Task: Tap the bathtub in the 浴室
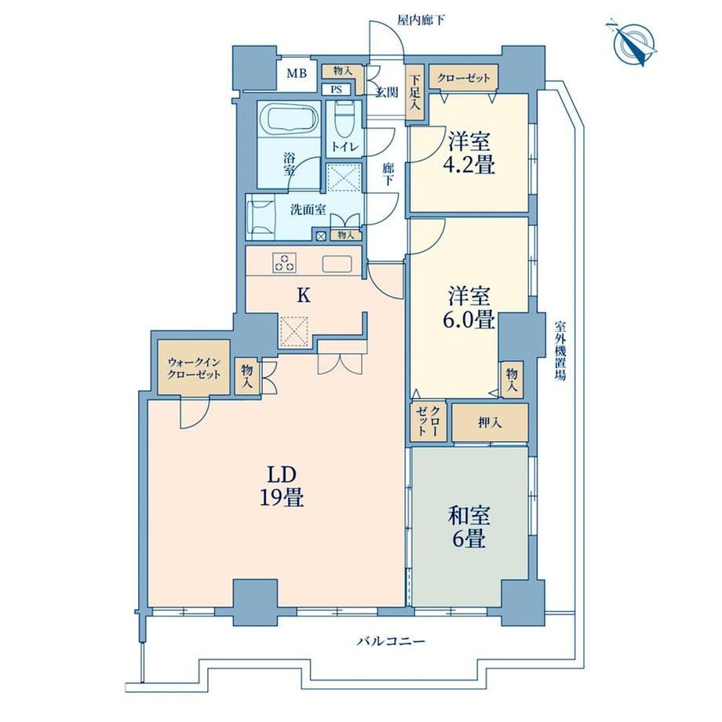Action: [288, 120]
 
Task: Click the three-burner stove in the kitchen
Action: [284, 262]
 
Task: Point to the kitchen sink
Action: [337, 264]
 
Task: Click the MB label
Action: [297, 74]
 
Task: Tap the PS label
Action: [337, 89]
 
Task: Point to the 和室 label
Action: [469, 516]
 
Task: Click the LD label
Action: [281, 473]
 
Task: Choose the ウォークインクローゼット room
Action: [193, 367]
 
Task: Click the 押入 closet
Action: [490, 422]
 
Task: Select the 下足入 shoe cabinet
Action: [415, 93]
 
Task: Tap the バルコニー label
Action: [391, 641]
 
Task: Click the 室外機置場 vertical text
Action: [560, 351]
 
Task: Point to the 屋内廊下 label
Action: [421, 20]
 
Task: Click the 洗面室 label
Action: [308, 210]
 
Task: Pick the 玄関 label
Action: [386, 93]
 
